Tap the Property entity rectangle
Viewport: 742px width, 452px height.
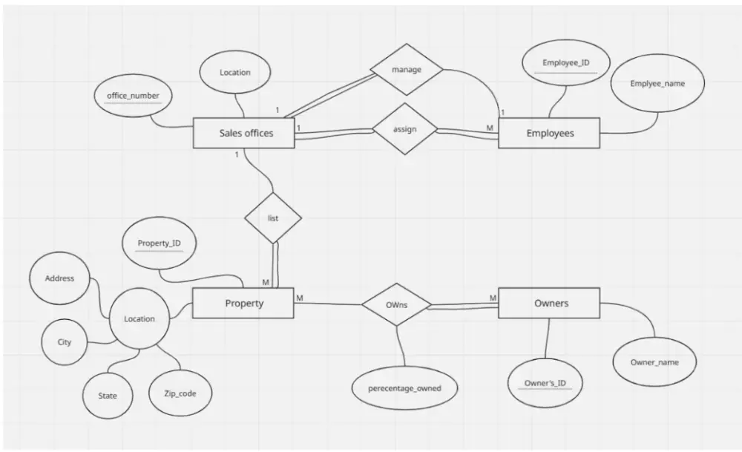pos(243,304)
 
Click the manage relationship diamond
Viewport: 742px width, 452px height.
pos(406,70)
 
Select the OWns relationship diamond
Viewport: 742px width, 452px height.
pos(396,304)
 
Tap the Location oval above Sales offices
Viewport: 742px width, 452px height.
pos(234,73)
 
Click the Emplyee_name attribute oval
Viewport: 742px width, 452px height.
pos(657,84)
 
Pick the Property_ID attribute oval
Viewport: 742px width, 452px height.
pos(160,244)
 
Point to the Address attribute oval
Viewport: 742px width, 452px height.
pos(59,279)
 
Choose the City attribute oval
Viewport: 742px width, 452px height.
pos(65,342)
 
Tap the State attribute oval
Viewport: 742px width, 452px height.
pos(108,396)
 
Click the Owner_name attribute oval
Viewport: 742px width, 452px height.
pos(654,362)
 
